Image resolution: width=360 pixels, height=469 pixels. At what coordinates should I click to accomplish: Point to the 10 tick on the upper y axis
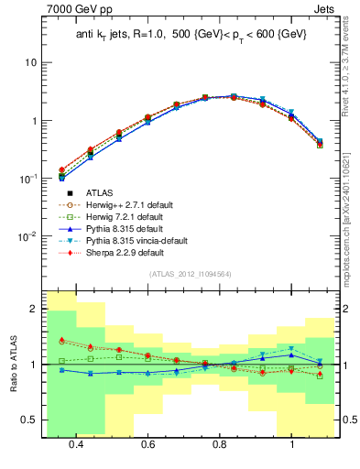tap(29, 62)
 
